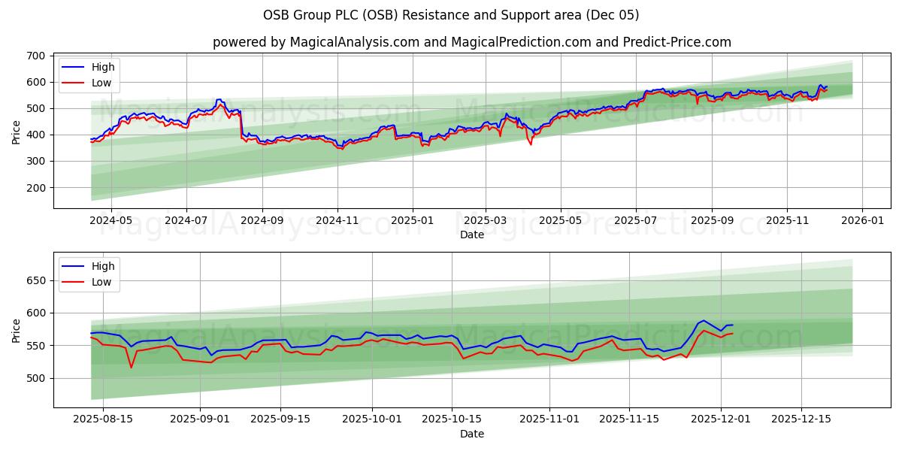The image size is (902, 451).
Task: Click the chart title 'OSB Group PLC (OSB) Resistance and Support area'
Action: click(451, 15)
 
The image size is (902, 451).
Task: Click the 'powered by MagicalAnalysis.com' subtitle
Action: click(471, 42)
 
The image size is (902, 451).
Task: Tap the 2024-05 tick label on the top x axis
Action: click(111, 221)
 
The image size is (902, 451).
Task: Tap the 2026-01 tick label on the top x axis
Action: click(861, 221)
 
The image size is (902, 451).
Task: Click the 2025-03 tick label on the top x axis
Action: click(485, 221)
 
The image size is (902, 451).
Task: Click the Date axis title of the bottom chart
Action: click(471, 434)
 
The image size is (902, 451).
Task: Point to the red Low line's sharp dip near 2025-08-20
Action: click(131, 367)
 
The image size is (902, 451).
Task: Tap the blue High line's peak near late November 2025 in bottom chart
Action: click(704, 321)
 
